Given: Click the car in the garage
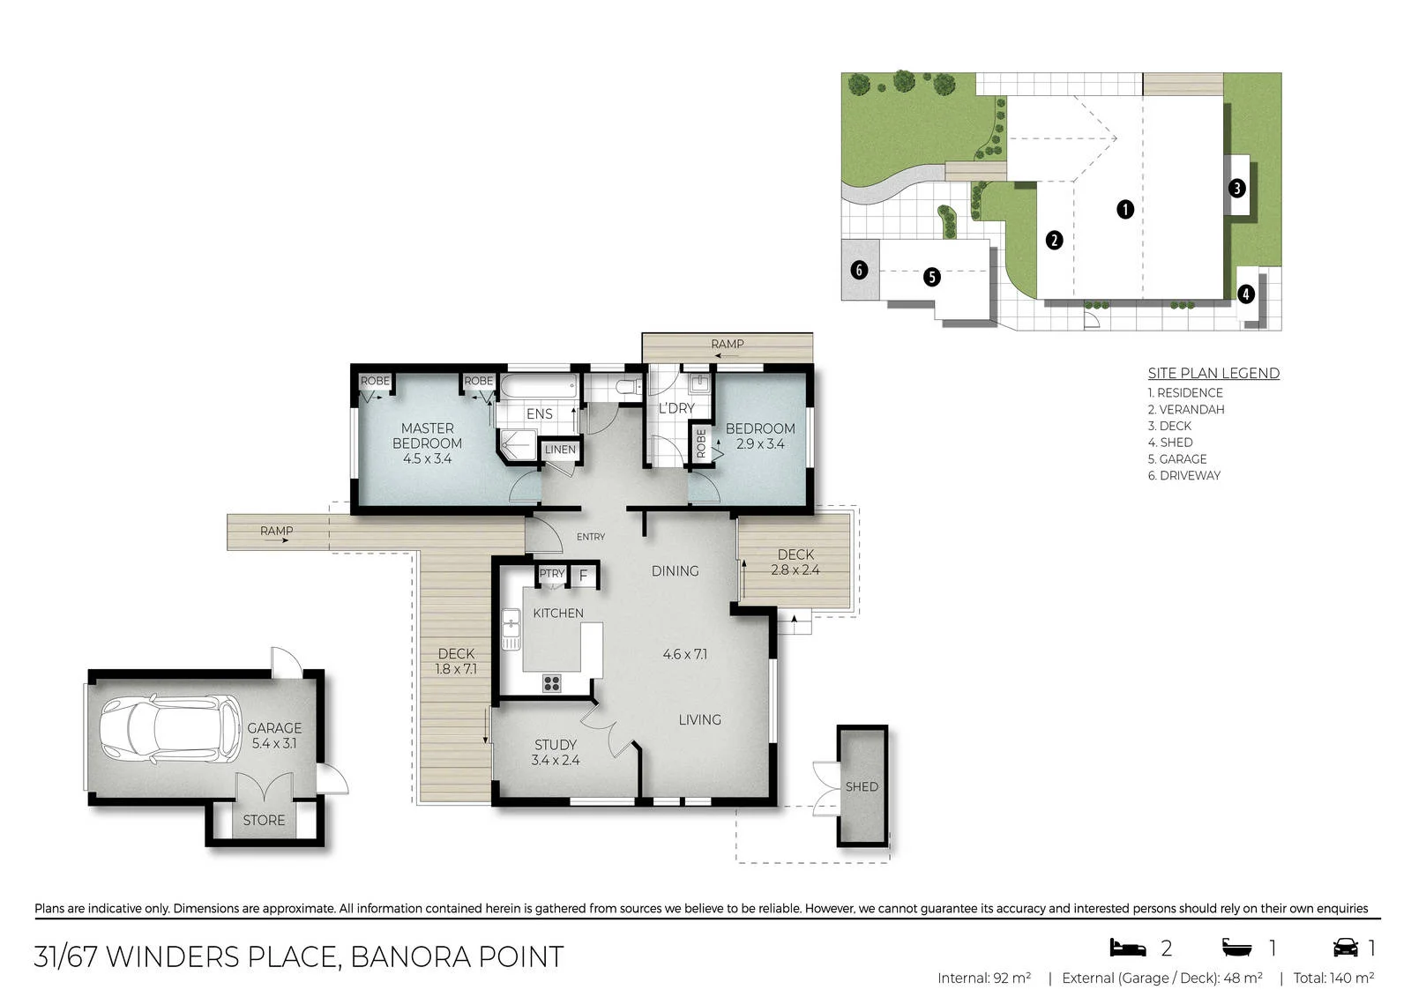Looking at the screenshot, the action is point(171,729).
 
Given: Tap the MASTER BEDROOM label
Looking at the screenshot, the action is point(427,435).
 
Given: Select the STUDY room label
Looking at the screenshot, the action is point(555,744).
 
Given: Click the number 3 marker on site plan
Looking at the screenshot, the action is point(1236,188).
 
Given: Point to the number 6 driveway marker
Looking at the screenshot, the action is point(859,271).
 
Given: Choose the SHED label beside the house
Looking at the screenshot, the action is point(862,786).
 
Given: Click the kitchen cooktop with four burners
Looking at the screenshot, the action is point(552,683).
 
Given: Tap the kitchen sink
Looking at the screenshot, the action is point(511,629).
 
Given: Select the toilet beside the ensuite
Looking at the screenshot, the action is point(627,386).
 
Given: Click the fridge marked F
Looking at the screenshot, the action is point(583,575).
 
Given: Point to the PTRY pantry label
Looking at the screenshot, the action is point(552,573).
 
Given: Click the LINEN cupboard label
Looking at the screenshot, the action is point(560,450).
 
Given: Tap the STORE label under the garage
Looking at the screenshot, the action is point(264,820).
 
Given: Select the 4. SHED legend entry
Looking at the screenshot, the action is point(1169,443).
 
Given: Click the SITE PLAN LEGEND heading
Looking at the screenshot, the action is point(1213,373).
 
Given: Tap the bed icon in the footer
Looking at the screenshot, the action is point(1128,948).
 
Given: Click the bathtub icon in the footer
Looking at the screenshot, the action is point(1237,948).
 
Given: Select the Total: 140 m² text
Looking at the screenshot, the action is point(1333,978).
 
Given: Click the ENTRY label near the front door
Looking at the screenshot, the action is point(591,537).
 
